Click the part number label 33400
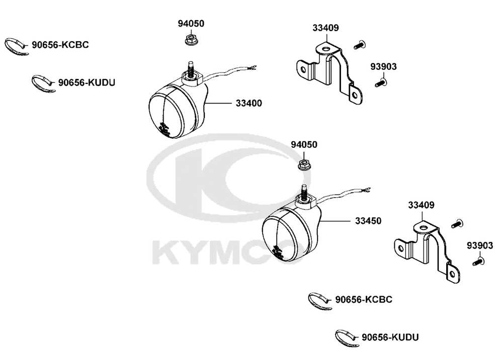click(x=248, y=103)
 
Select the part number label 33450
click(x=368, y=221)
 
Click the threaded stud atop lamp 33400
click(x=191, y=69)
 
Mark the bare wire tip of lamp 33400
click(x=253, y=67)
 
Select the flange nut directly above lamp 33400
click(x=191, y=40)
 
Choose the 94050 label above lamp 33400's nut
click(x=191, y=24)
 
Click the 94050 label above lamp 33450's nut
click(x=304, y=145)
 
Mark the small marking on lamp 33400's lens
click(x=164, y=128)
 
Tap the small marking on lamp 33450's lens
click(x=278, y=252)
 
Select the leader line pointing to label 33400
click(x=218, y=103)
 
